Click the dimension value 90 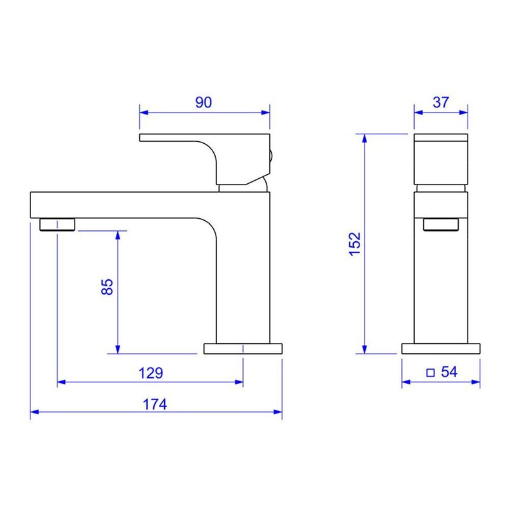point(204,102)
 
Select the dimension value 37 point(440,102)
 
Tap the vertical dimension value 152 point(355,244)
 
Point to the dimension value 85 point(107,287)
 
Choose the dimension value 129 point(151,373)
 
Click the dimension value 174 point(155,405)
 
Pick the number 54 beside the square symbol point(449,372)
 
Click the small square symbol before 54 point(431,373)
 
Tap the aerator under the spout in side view point(57,225)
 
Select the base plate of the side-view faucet point(243,349)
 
